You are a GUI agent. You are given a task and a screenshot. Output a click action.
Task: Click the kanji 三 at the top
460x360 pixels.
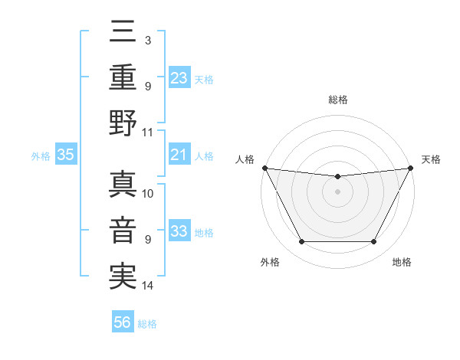(123, 34)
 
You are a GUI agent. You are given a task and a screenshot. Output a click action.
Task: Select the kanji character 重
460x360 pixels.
(123, 77)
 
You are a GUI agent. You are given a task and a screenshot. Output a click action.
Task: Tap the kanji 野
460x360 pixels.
(123, 123)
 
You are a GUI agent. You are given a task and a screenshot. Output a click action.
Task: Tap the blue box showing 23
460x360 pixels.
(179, 77)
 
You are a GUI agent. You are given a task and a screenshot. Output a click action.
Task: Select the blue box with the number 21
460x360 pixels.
(179, 155)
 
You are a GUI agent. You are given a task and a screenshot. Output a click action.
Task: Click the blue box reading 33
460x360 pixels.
(179, 232)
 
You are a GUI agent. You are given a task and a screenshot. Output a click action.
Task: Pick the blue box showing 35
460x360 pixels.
(66, 155)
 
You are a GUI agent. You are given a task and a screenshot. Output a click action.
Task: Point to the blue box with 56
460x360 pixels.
(123, 323)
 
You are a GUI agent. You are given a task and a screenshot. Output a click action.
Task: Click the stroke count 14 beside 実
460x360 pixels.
(149, 286)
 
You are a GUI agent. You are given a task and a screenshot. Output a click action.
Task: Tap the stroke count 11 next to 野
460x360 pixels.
(148, 132)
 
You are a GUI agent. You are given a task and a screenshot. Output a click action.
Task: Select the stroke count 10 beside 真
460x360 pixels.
(148, 193)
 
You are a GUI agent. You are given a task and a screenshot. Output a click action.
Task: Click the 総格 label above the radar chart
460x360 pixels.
(337, 100)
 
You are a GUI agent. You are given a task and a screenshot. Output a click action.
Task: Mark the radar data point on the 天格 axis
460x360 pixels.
(411, 168)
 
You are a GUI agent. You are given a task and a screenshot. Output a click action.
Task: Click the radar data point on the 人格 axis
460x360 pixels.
(264, 168)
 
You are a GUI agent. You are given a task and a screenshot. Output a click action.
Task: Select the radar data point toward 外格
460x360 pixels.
(301, 242)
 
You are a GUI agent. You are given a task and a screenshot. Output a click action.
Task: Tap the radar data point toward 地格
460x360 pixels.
(374, 242)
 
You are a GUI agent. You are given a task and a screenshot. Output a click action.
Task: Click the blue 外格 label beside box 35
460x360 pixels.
(41, 156)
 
